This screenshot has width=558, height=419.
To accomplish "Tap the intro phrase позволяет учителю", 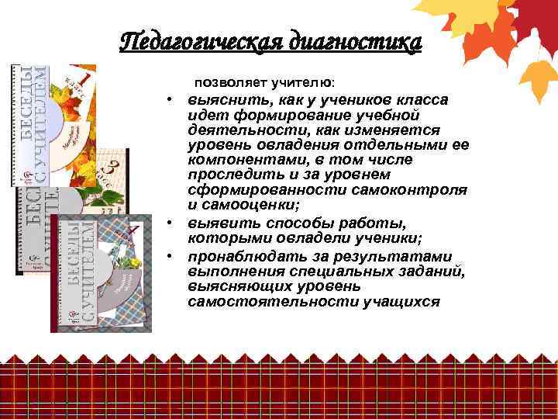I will pyautogui.click(x=264, y=81).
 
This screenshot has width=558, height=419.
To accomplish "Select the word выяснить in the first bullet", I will pyautogui.click(x=219, y=100).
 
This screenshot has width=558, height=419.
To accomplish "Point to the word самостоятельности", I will pyautogui.click(x=250, y=300).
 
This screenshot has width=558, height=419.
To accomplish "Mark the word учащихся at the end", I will pyautogui.click(x=401, y=300).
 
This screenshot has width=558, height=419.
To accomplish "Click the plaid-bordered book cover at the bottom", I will pyautogui.click(x=101, y=272).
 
